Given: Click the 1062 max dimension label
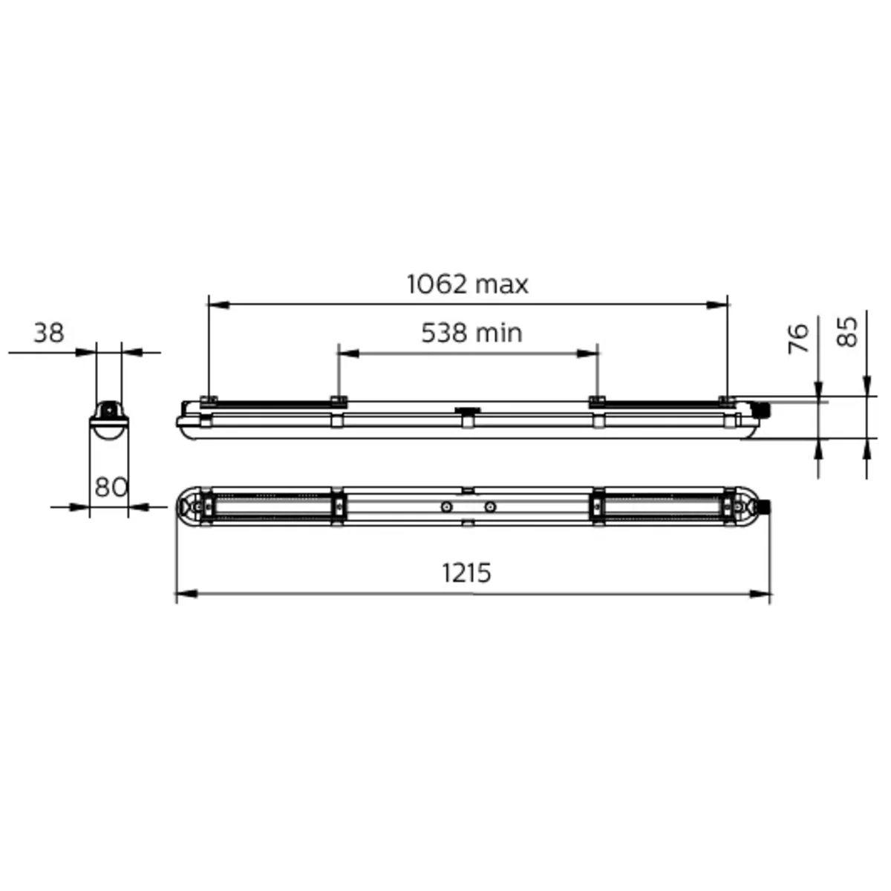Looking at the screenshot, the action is pos(467,284).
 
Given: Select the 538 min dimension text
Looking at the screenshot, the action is pos(471,333).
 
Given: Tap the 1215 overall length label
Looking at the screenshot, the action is pos(466,572).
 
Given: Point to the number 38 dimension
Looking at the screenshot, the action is pos(48,333).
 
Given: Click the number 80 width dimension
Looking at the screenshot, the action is pos(111,487).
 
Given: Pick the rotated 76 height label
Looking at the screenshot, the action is pos(798,339).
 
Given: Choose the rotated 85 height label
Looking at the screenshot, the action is pos(847,331).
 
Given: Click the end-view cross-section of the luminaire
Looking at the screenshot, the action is pos(109,420).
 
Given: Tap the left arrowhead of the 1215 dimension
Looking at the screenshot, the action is pos(187,594).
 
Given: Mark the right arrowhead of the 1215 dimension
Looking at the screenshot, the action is pos(760,594).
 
